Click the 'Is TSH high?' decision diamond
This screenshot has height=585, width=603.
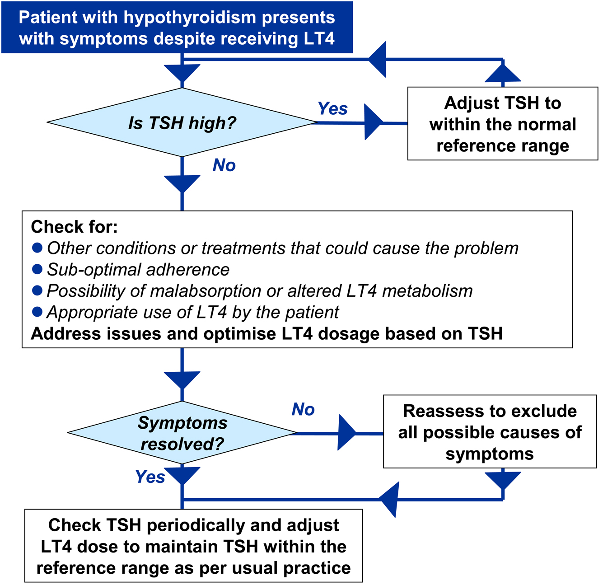click(182, 122)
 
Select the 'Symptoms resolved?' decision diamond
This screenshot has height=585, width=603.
click(182, 433)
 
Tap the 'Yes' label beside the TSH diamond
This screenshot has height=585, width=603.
click(332, 109)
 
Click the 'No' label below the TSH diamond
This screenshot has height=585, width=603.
click(224, 165)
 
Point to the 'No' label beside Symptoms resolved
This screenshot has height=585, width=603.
click(303, 409)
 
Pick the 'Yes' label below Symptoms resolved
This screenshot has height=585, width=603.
click(150, 477)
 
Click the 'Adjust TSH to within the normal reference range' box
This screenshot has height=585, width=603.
click(502, 124)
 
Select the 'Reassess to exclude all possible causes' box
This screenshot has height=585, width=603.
click(490, 432)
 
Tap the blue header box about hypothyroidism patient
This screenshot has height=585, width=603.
click(177, 28)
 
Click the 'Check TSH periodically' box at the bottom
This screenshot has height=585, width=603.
click(193, 546)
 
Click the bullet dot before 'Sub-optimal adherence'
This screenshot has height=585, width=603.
click(37, 269)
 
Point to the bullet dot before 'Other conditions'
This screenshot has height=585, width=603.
click(37, 248)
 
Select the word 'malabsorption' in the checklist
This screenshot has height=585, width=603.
click(206, 291)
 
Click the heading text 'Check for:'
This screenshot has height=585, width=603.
click(74, 227)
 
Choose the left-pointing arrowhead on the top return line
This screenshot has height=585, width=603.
click(378, 59)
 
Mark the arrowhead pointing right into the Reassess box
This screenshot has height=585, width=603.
click(347, 433)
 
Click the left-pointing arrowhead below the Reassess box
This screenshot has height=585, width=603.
click(389, 499)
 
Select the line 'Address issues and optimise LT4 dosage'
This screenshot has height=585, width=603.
click(266, 334)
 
